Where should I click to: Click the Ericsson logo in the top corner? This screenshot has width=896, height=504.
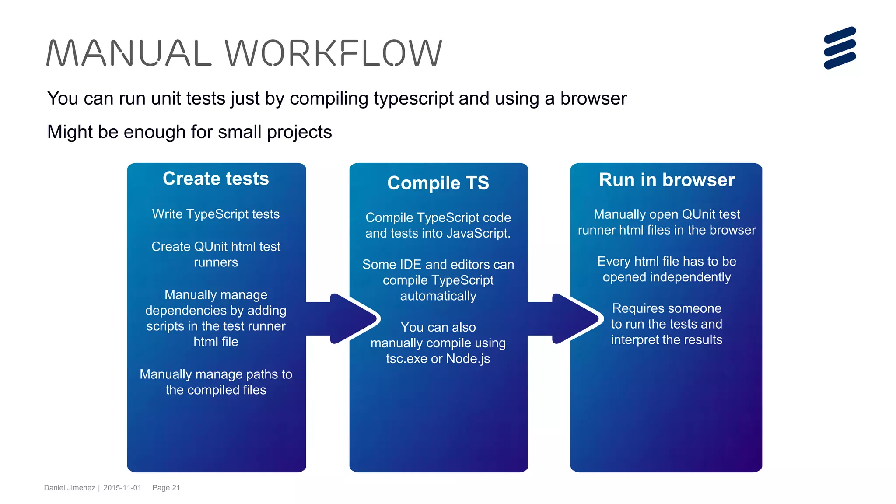(x=840, y=48)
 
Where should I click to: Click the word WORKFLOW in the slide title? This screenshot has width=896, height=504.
(x=333, y=53)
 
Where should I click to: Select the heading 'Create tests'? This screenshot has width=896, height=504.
(x=216, y=178)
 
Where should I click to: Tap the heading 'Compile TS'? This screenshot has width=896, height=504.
(x=438, y=183)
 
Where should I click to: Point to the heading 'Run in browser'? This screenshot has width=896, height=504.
(x=666, y=180)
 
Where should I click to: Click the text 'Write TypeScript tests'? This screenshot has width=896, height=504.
(x=216, y=214)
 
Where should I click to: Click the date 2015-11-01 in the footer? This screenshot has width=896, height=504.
(x=122, y=488)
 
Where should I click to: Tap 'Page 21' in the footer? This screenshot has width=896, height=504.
(x=166, y=488)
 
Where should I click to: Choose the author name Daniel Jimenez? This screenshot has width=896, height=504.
(x=70, y=488)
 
